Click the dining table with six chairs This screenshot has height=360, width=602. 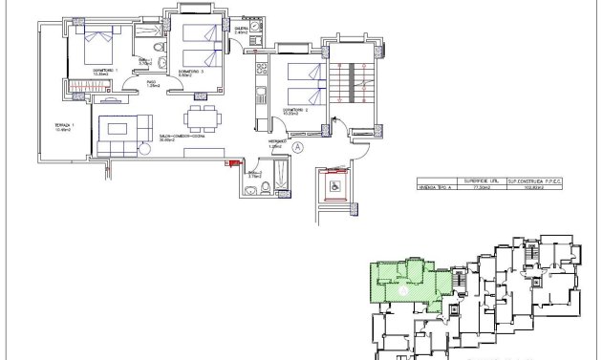click(199, 120)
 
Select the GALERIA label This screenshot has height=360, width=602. click(242, 30)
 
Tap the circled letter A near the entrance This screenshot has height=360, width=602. click(297, 147)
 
